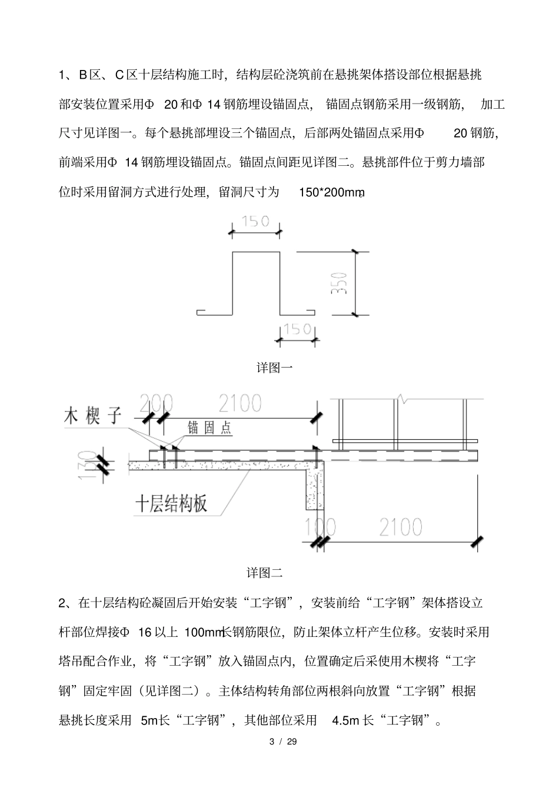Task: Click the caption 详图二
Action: tap(265, 572)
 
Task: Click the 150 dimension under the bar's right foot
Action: tap(297, 329)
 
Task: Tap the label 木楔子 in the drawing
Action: tap(92, 416)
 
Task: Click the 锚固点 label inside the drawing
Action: tap(209, 428)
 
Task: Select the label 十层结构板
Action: tap(171, 504)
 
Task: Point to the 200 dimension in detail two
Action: tap(156, 403)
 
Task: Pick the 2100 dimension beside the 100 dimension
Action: tap(400, 527)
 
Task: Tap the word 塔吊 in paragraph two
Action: tap(71, 661)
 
